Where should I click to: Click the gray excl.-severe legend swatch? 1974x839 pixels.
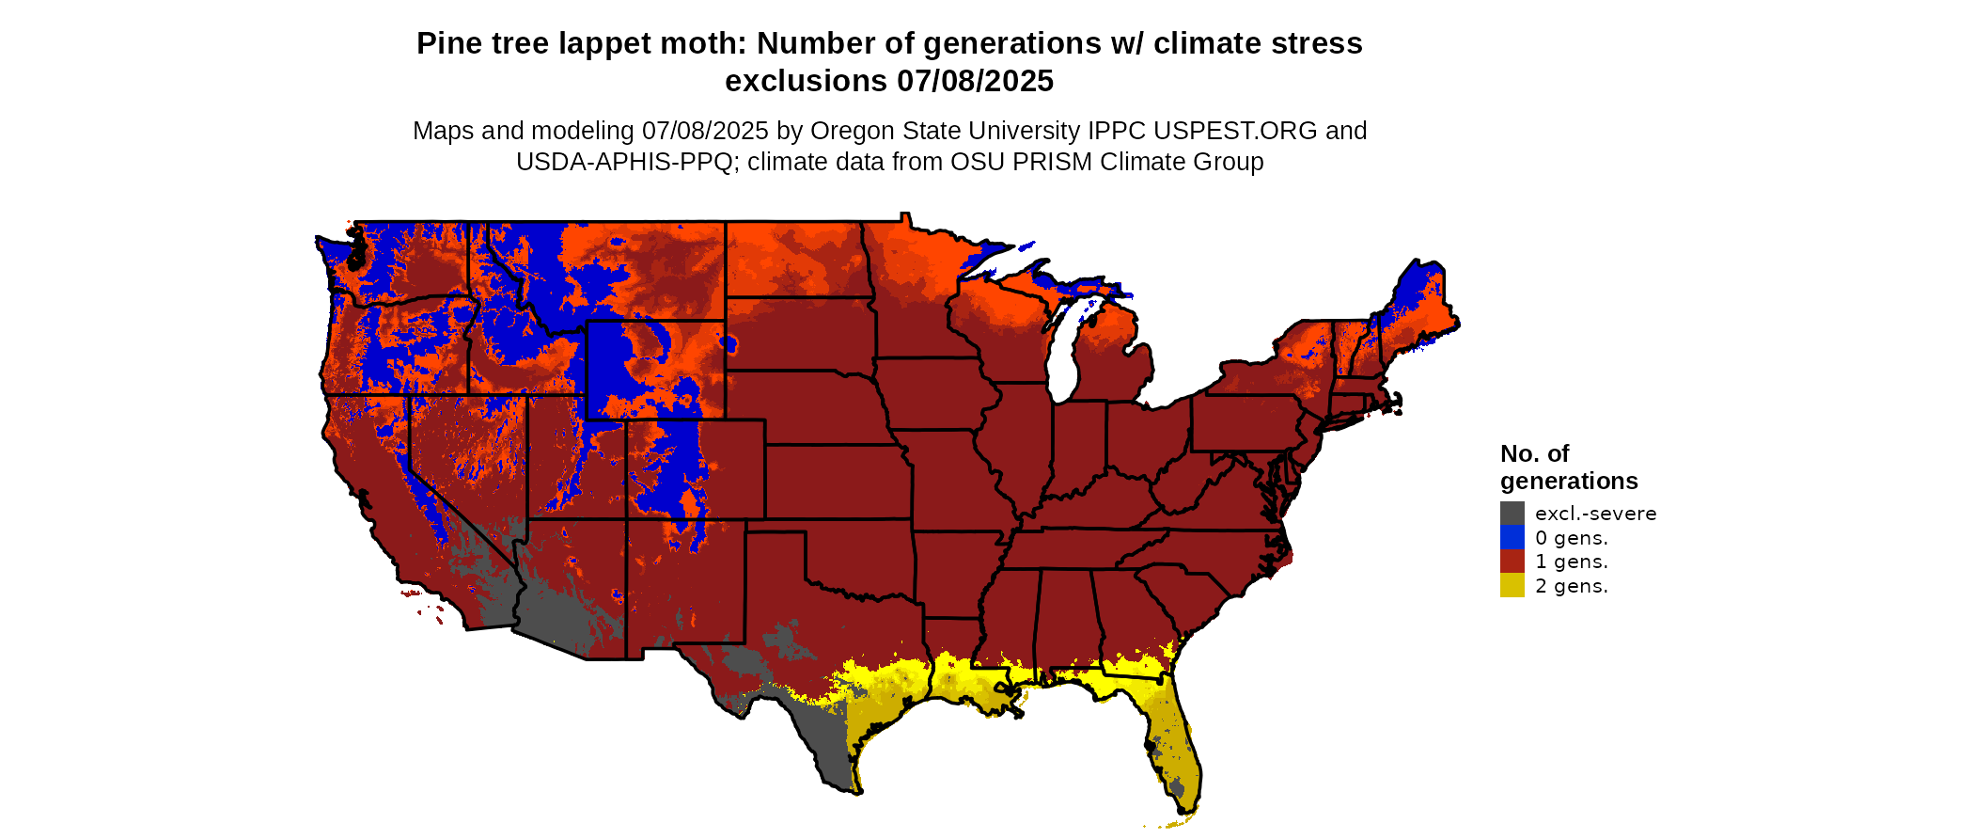(x=1512, y=513)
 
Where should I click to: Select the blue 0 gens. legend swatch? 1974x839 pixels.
(x=1512, y=537)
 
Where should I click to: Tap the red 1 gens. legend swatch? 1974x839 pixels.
(x=1512, y=562)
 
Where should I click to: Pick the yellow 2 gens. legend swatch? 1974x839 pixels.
(x=1512, y=585)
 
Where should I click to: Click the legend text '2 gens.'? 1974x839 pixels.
(x=1571, y=586)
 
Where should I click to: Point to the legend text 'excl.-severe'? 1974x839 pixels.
(x=1595, y=514)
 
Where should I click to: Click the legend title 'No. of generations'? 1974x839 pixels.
(x=1568, y=467)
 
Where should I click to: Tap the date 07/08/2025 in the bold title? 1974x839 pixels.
(x=975, y=82)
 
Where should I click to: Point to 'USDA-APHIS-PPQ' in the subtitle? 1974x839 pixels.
(x=625, y=162)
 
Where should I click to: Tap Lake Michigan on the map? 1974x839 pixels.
(x=1063, y=357)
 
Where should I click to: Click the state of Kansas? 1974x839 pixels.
(x=837, y=481)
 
